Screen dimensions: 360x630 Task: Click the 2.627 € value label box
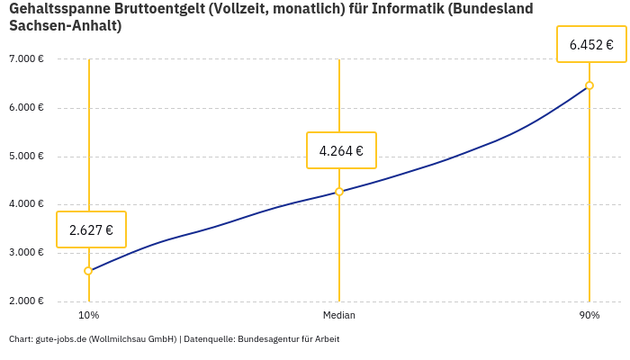click(91, 229)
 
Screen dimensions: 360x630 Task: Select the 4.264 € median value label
click(341, 150)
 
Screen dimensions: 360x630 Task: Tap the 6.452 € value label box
click(590, 44)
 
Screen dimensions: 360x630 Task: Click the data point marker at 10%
click(88, 271)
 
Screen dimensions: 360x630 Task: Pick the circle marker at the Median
click(339, 192)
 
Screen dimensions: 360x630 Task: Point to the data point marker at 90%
click(589, 85)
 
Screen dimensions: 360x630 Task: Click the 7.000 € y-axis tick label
click(26, 59)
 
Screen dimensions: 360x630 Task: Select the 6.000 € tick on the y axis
click(26, 108)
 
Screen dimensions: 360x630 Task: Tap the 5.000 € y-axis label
click(26, 156)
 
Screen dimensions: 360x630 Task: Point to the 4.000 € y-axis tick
click(26, 204)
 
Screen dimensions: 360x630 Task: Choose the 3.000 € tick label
click(26, 253)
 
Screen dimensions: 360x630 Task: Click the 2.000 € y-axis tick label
click(26, 301)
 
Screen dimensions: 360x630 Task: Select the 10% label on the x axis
click(88, 316)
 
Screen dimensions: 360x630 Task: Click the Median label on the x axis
click(339, 316)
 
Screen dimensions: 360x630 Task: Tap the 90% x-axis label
click(589, 316)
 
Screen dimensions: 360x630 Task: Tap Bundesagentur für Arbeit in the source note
click(288, 339)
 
